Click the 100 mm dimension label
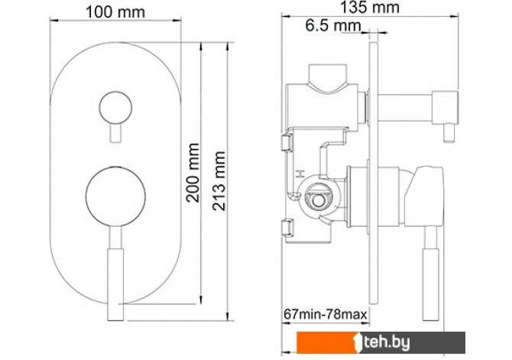click(115, 12)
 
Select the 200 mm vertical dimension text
click(193, 173)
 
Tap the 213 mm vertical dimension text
click(219, 180)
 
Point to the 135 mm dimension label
click(370, 7)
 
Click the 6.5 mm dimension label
click(333, 25)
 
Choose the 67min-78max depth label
click(326, 314)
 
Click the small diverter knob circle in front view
click(115, 108)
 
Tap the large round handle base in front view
click(115, 196)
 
